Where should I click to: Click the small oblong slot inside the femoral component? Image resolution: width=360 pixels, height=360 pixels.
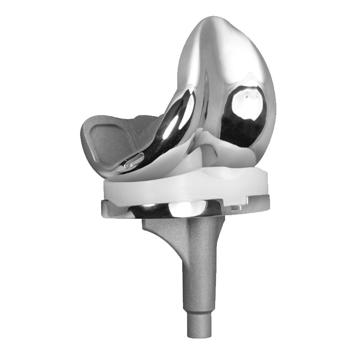click(x=134, y=160)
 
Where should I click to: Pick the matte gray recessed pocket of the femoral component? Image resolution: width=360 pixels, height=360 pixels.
click(x=106, y=139)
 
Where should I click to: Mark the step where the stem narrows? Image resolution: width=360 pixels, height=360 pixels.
click(x=198, y=310)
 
